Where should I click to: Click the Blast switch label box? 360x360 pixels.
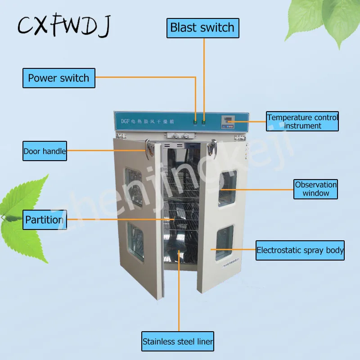(x=203, y=27)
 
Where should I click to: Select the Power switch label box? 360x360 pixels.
(x=59, y=78)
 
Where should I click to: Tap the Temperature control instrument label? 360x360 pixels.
(x=302, y=121)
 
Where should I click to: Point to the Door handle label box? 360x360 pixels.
(x=45, y=151)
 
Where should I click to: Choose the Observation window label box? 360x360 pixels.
(x=316, y=189)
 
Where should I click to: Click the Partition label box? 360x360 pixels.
(x=45, y=220)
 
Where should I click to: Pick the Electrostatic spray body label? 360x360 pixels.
(x=300, y=250)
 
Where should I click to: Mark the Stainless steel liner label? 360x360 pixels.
(x=178, y=341)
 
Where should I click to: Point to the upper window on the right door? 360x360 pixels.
(x=227, y=185)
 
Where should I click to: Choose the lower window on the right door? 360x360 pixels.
(x=225, y=243)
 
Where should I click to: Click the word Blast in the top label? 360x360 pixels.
(x=184, y=27)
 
